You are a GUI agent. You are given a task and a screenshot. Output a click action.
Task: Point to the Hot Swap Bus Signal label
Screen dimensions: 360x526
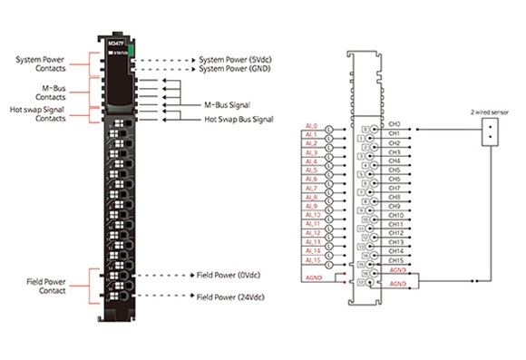coord(238,118)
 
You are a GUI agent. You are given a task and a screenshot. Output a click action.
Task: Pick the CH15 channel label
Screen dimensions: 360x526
coord(395,259)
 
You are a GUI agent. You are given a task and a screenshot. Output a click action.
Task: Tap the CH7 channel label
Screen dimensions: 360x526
coord(394,188)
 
